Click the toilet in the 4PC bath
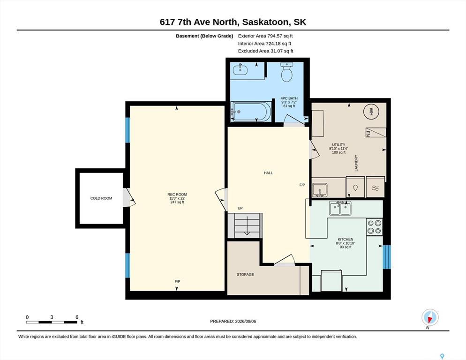click(x=287, y=72)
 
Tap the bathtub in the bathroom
click(x=251, y=112)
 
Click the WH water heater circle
click(x=371, y=112)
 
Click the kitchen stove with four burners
click(x=374, y=227)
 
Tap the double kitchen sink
click(x=340, y=208)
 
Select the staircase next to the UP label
click(x=245, y=225)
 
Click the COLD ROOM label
click(x=101, y=198)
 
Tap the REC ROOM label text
click(x=177, y=195)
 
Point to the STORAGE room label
click(x=245, y=274)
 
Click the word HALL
click(x=268, y=172)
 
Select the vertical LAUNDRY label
click(x=356, y=163)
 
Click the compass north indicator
click(x=430, y=317)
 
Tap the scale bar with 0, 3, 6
click(x=52, y=322)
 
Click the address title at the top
click(x=233, y=22)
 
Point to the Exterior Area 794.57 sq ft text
click(x=265, y=36)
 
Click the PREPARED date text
click(x=233, y=322)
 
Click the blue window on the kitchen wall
click(x=387, y=257)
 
